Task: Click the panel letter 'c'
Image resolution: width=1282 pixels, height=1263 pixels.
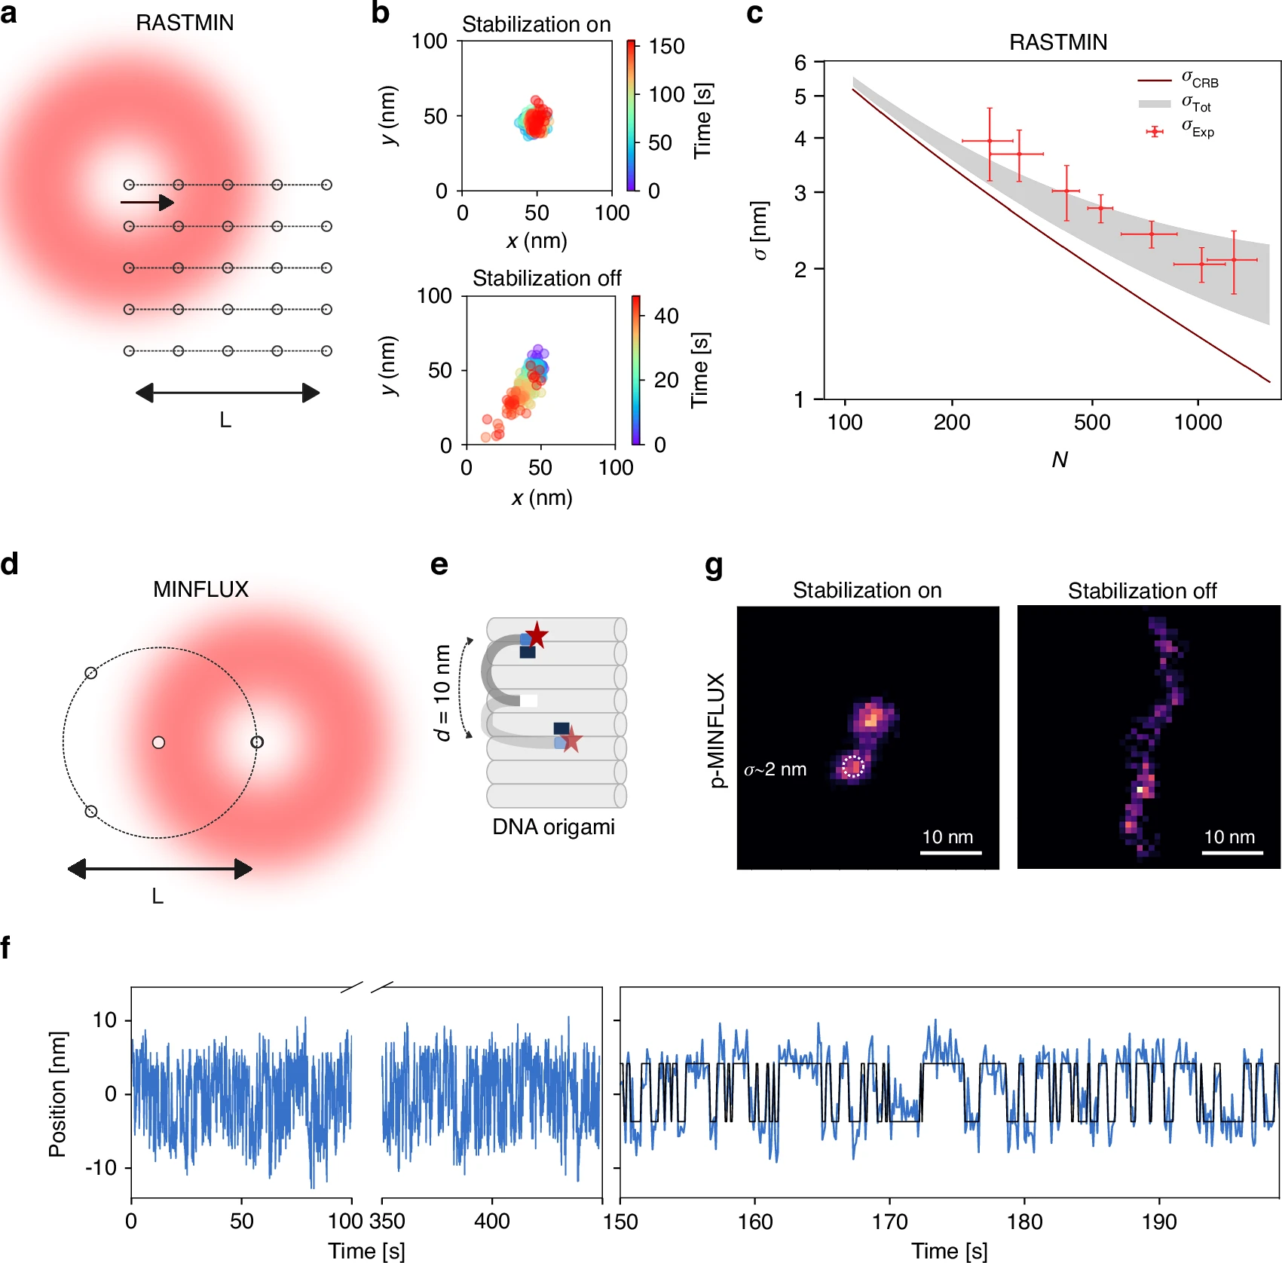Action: click(754, 14)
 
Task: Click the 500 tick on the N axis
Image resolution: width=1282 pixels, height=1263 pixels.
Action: click(1091, 422)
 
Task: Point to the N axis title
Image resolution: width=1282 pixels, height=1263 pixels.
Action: click(1060, 460)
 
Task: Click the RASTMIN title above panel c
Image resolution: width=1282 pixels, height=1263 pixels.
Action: click(1057, 42)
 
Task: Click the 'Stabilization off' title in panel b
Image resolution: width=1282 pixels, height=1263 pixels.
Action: click(546, 278)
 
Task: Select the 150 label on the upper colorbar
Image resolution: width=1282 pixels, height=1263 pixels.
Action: click(666, 47)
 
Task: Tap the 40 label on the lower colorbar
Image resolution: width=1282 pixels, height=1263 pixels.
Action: click(665, 316)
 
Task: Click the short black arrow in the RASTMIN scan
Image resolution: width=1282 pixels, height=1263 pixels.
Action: click(148, 202)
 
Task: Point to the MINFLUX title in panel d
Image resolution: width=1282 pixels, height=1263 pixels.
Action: click(200, 589)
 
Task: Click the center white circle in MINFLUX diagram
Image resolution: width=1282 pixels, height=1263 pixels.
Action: click(158, 742)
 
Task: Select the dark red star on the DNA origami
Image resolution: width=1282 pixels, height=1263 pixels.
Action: click(537, 635)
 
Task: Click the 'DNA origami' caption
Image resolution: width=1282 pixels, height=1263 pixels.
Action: click(553, 827)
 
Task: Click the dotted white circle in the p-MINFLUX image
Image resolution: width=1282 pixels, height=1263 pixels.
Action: click(852, 766)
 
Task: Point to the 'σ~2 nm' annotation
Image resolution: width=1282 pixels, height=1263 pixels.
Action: click(776, 769)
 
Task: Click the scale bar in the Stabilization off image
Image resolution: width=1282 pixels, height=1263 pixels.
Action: click(1232, 853)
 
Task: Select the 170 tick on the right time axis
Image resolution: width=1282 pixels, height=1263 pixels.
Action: click(889, 1221)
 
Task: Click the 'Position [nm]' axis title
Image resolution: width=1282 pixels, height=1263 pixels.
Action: click(57, 1093)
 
